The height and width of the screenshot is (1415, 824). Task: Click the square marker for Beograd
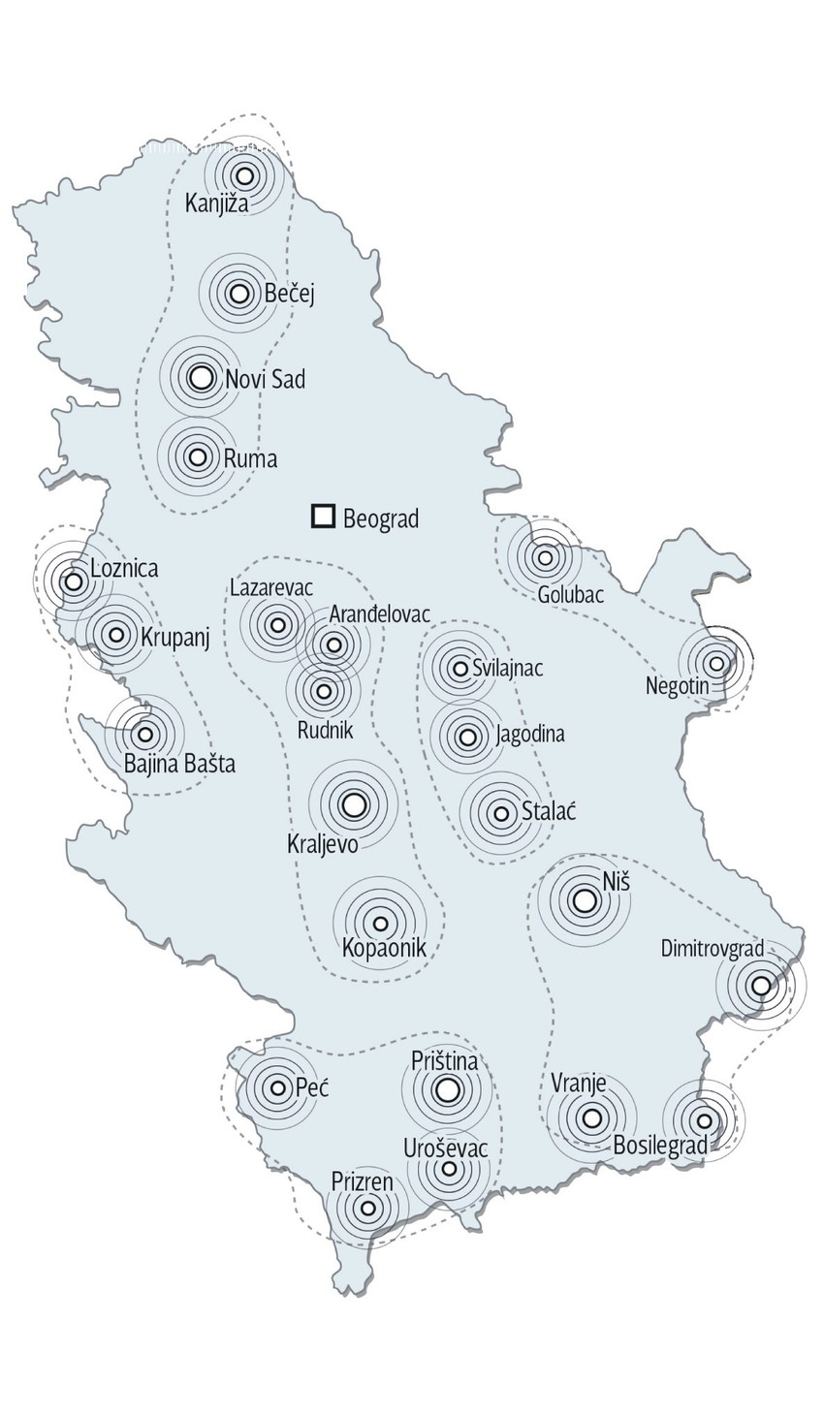click(323, 517)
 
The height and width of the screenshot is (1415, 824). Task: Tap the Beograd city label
click(381, 519)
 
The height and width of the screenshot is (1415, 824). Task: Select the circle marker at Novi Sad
click(201, 378)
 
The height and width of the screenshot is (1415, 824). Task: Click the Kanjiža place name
click(216, 204)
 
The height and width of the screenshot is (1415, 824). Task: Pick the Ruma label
click(250, 458)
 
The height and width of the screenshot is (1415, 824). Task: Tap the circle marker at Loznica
click(73, 582)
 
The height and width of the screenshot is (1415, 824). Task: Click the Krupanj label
click(175, 637)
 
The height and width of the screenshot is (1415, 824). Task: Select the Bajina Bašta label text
click(179, 765)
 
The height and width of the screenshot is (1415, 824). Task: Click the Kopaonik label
click(385, 948)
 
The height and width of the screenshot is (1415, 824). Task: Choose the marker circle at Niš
click(584, 900)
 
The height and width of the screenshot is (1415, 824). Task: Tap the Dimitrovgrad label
click(713, 948)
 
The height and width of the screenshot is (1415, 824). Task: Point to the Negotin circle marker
click(716, 664)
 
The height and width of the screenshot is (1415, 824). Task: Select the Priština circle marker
click(447, 1090)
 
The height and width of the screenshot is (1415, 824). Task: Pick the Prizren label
click(363, 1181)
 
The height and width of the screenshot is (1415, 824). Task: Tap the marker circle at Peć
click(278, 1088)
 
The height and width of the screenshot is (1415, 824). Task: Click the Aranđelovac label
click(379, 613)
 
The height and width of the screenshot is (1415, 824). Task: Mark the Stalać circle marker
click(501, 814)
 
